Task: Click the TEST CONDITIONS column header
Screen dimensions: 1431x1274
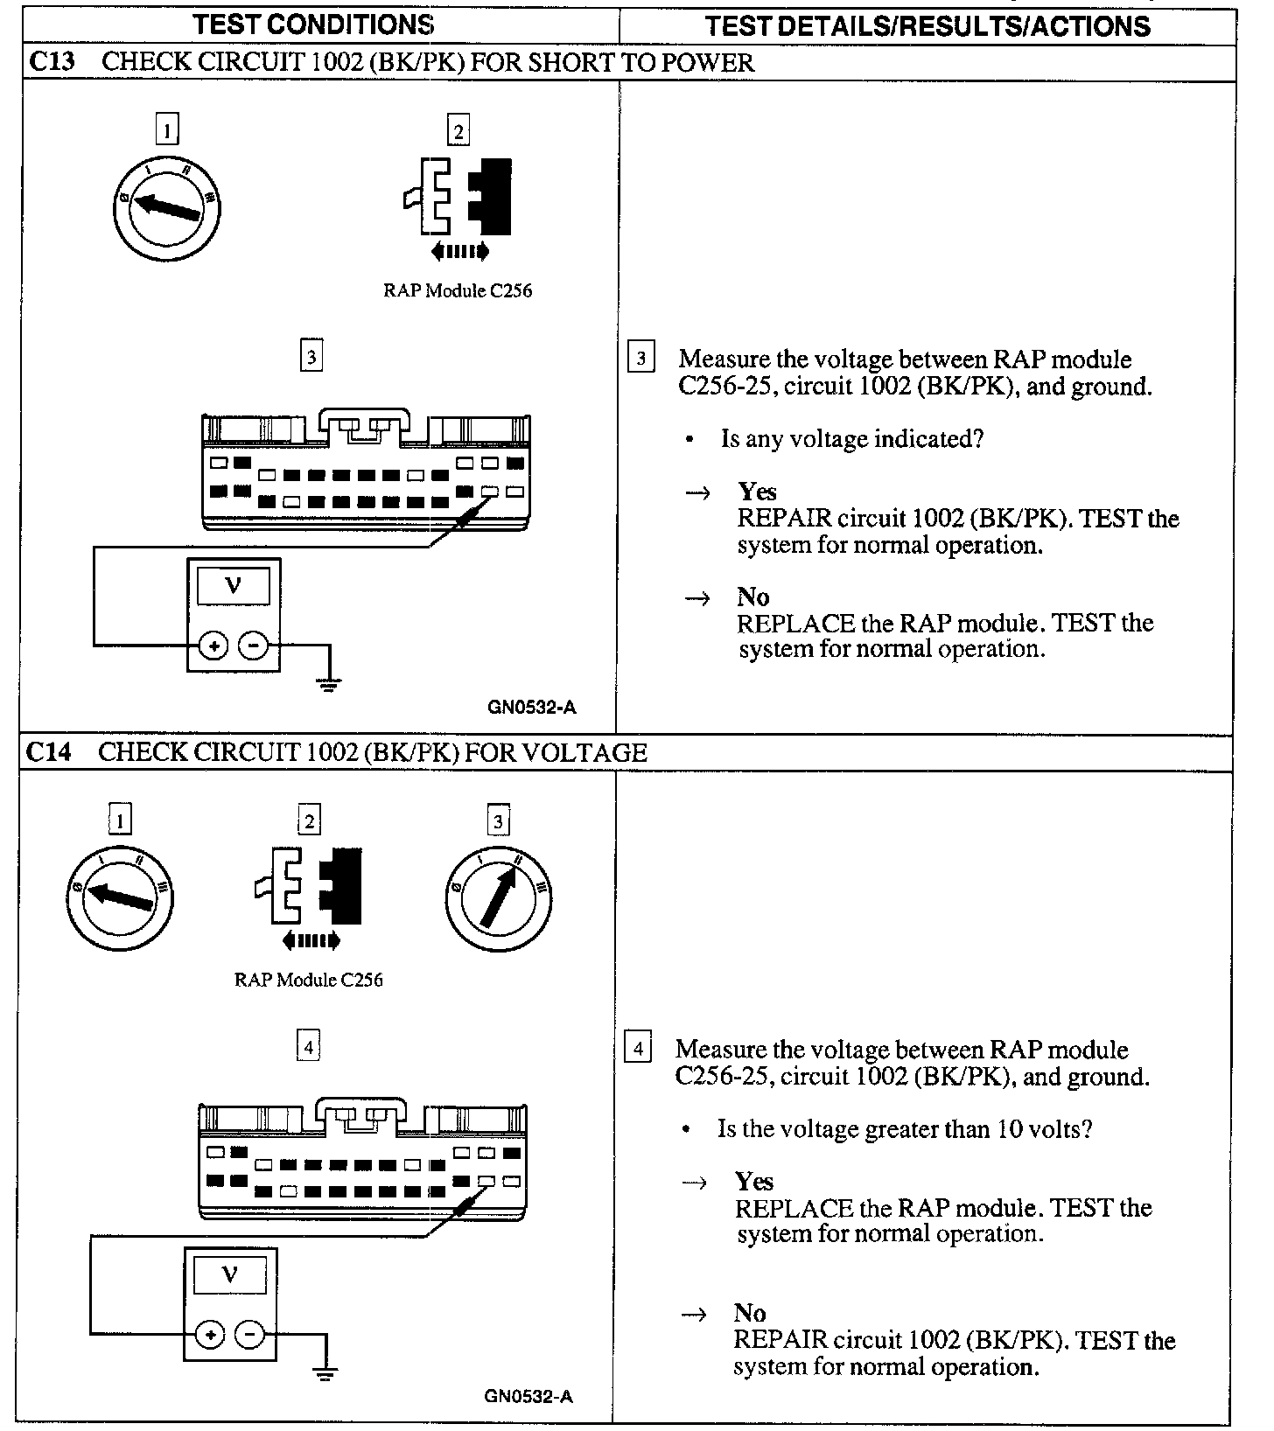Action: pos(314,24)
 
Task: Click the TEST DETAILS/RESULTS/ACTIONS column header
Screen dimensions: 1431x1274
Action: pos(927,25)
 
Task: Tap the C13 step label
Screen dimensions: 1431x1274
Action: pos(50,62)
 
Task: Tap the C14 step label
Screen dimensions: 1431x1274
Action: pos(48,752)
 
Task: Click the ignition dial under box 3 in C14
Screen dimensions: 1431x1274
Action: pos(499,897)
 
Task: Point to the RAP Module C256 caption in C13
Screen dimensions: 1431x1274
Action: pos(458,290)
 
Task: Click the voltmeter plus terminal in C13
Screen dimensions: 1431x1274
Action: pos(213,646)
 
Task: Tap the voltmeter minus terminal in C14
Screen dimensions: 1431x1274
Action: pos(250,1335)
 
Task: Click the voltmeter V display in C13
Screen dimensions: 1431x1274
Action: pos(234,586)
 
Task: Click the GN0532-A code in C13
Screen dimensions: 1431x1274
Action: pos(532,708)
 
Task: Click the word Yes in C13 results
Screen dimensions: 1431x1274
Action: pos(757,492)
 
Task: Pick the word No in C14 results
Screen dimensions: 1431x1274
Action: pos(750,1313)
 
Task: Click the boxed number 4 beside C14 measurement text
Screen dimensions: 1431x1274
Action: pos(638,1048)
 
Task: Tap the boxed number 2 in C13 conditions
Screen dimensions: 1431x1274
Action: pos(458,131)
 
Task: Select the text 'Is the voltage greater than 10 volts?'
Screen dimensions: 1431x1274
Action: pos(905,1128)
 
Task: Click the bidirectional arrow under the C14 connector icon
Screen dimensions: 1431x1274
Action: pos(311,941)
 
